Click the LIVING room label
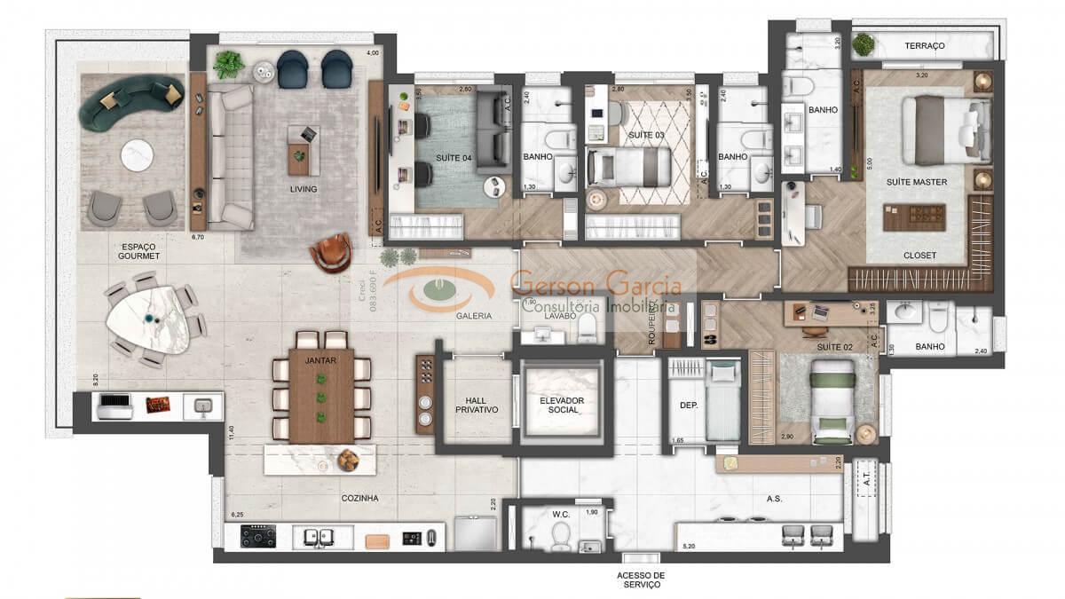(303, 189)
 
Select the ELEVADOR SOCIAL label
(561, 406)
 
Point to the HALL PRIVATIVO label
(477, 405)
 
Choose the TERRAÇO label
(924, 45)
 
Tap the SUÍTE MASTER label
(916, 182)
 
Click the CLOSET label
(919, 256)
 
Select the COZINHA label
(359, 499)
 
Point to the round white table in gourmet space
(137, 155)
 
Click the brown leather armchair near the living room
(330, 252)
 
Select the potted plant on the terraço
(863, 43)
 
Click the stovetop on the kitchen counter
(258, 537)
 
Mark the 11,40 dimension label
(230, 433)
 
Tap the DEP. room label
(689, 406)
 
